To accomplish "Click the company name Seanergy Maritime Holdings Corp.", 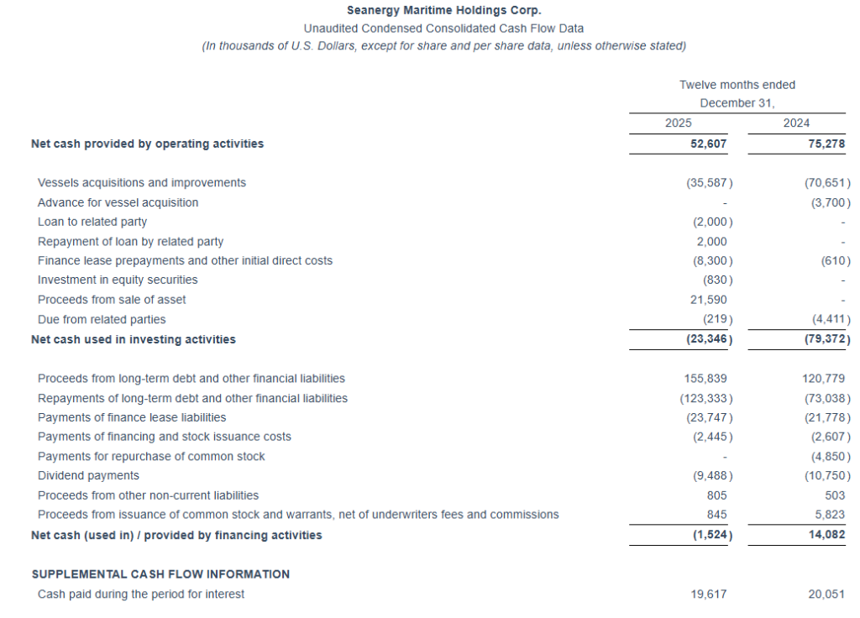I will (443, 10).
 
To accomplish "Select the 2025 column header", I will (678, 123).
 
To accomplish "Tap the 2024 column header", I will (796, 123).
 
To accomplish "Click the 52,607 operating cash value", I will (708, 144).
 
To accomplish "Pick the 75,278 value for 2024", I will (826, 144).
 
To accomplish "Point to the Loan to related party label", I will (92, 222).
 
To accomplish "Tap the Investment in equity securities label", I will (118, 280).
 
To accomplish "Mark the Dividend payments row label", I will (88, 476).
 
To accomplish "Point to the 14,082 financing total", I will (826, 535).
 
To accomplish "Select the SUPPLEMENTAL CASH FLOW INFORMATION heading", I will (160, 574).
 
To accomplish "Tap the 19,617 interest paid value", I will (708, 594).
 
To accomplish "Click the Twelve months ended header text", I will (737, 85).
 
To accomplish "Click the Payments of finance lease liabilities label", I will (132, 417).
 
